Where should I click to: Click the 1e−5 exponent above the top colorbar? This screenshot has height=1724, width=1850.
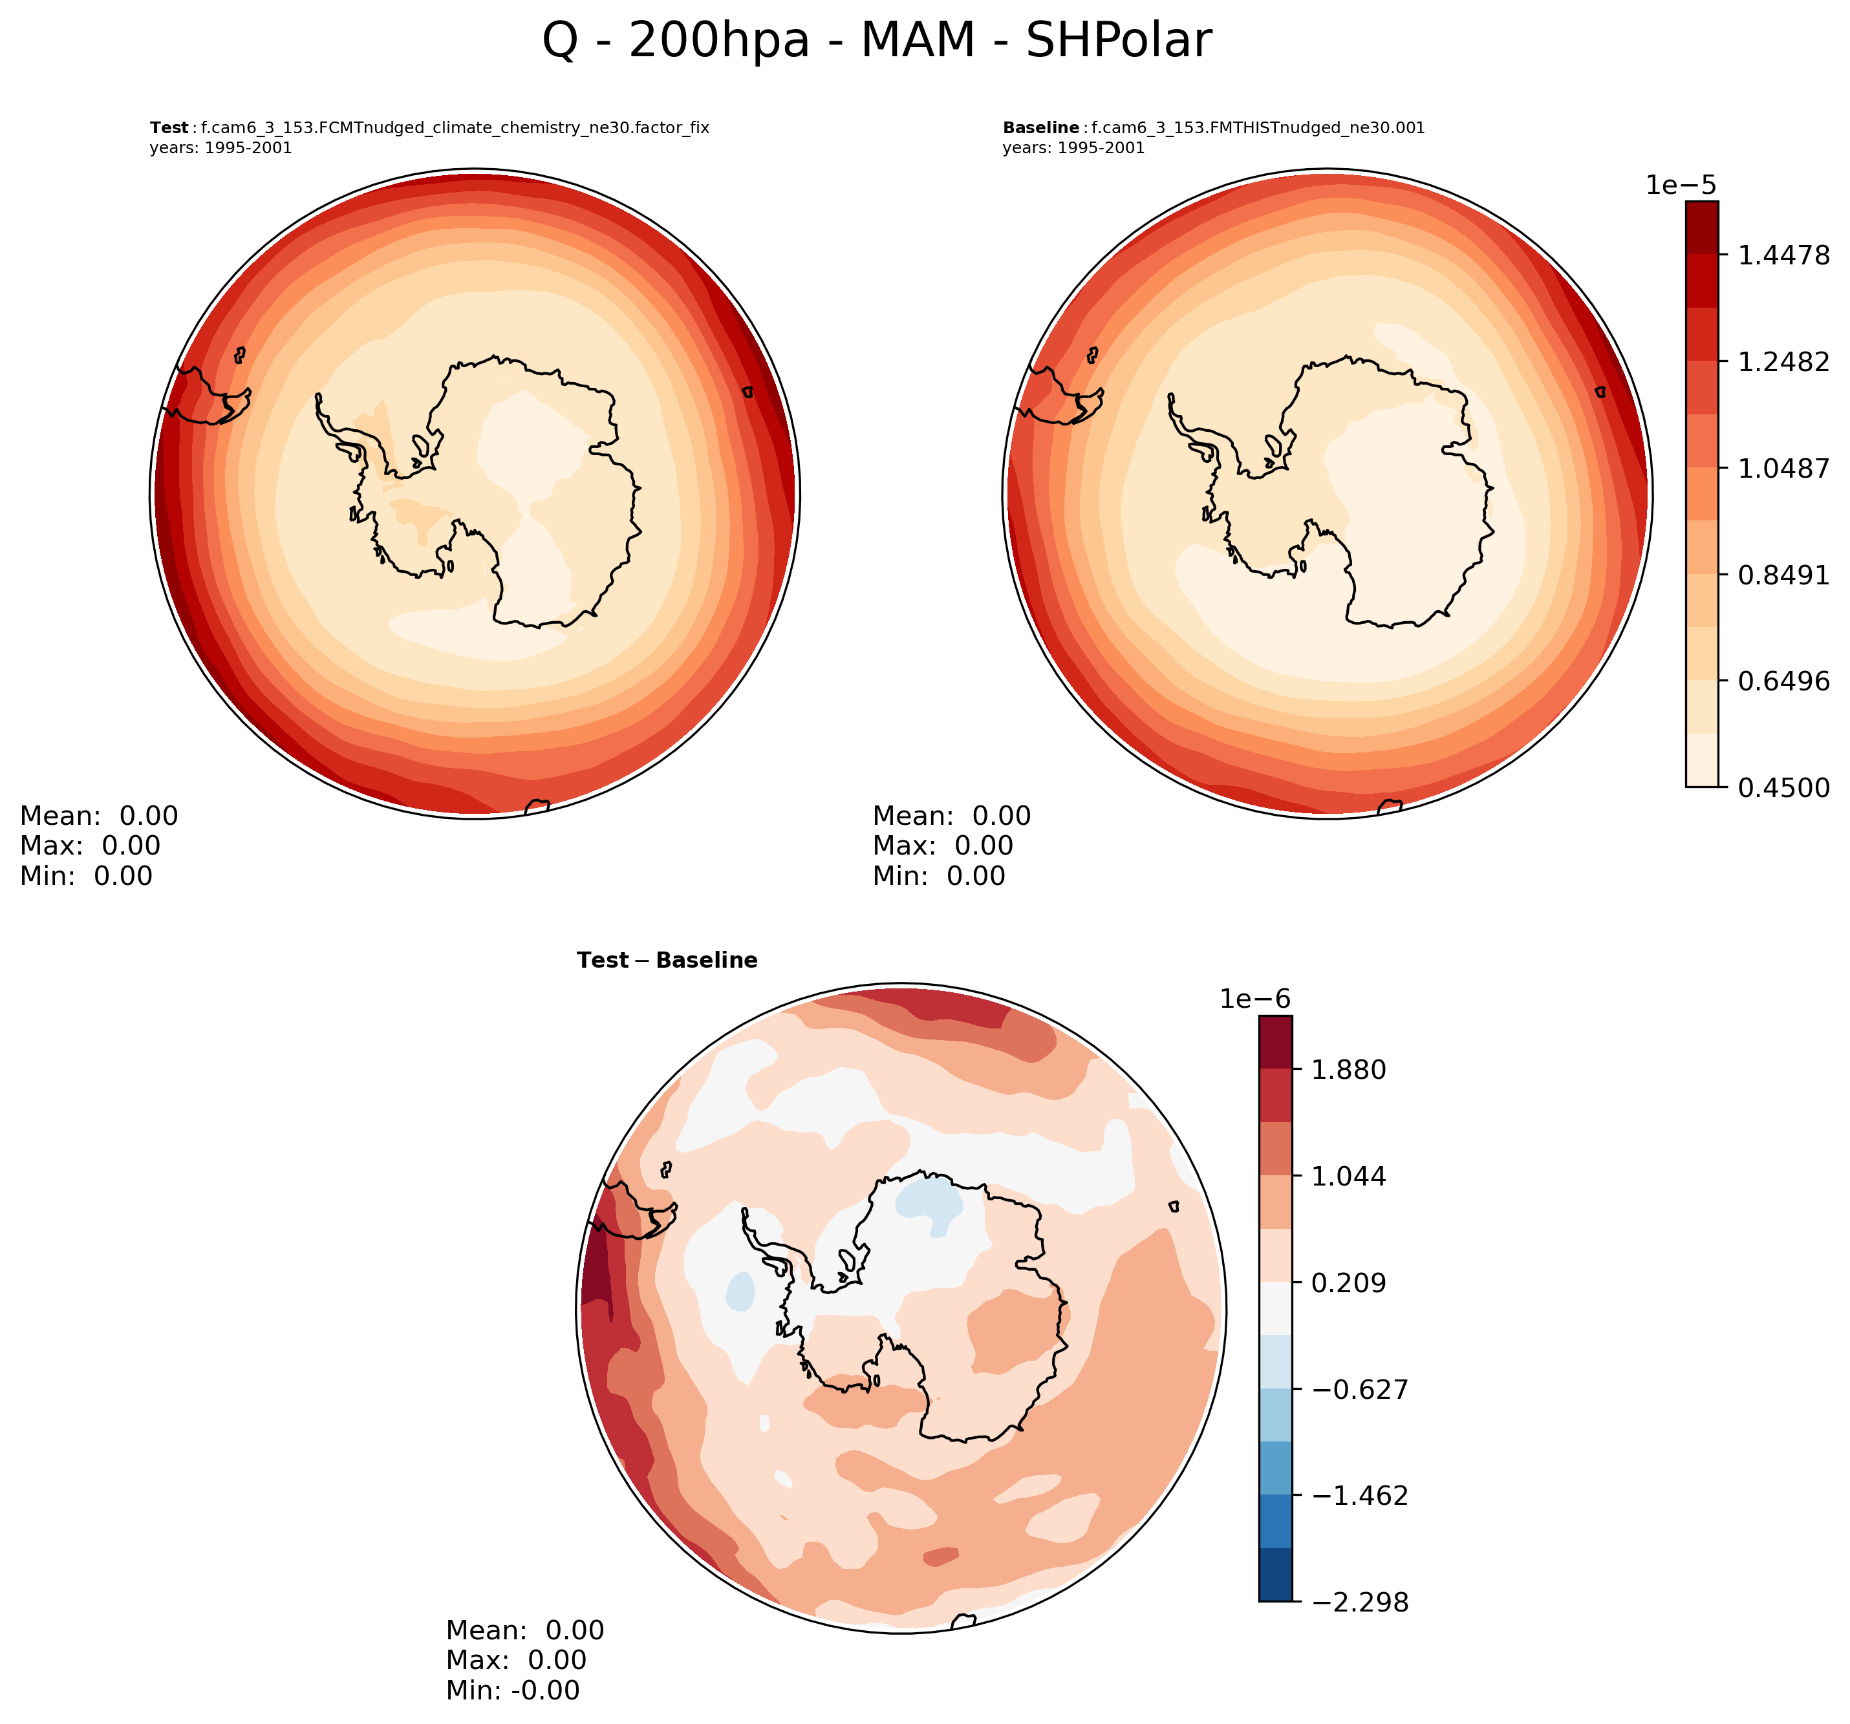click(x=1681, y=185)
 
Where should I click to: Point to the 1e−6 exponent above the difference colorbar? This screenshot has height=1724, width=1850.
click(x=1255, y=999)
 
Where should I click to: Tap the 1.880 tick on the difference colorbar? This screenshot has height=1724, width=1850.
click(x=1348, y=1070)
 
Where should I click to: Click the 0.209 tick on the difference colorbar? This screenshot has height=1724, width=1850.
click(x=1348, y=1283)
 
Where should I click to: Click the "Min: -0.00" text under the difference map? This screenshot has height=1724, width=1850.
click(x=513, y=1690)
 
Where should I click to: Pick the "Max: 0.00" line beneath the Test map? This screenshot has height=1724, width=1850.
click(x=91, y=846)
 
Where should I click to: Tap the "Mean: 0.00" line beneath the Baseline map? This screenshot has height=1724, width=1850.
click(x=952, y=816)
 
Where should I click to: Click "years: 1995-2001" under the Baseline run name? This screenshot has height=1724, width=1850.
click(x=1073, y=148)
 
